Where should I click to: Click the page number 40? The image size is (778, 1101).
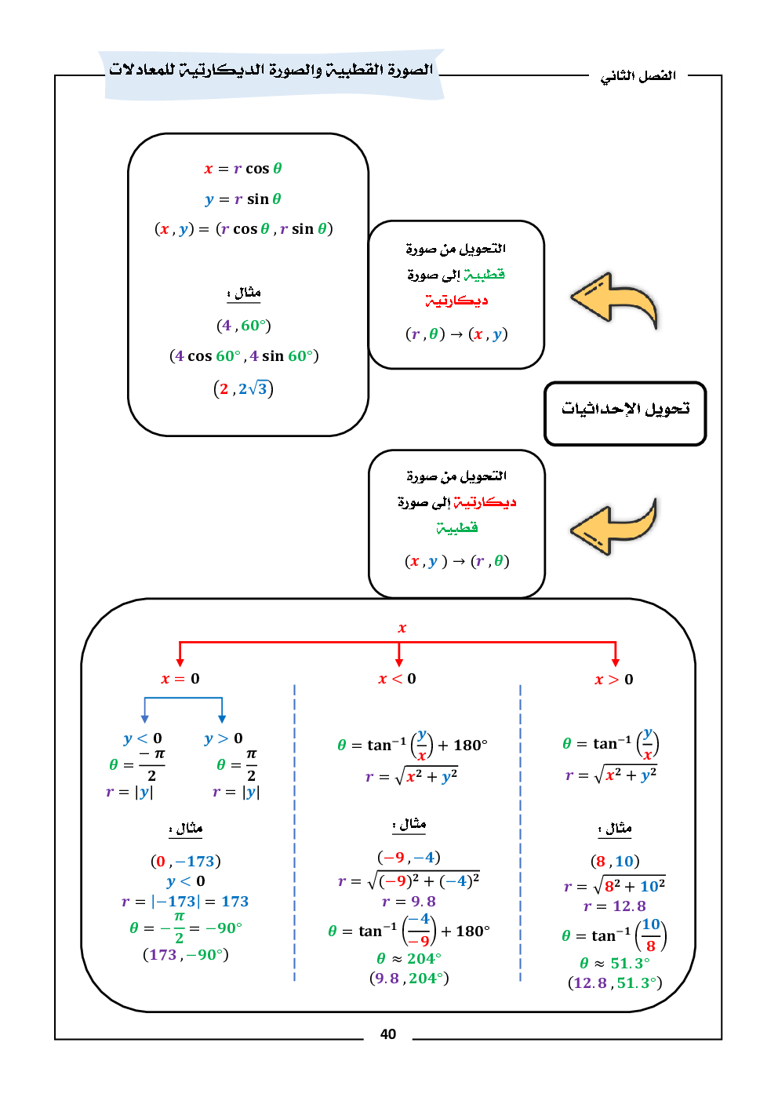pyautogui.click(x=388, y=1034)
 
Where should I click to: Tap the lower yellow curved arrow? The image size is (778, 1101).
pyautogui.click(x=614, y=527)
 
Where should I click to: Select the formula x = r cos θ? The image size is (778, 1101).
pyautogui.click(x=243, y=169)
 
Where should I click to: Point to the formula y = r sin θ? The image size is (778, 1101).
pyautogui.click(x=243, y=199)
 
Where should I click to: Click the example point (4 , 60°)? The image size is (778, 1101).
pyautogui.click(x=244, y=326)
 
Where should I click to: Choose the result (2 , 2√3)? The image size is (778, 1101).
pyautogui.click(x=243, y=389)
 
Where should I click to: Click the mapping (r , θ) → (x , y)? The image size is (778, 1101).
pyautogui.click(x=456, y=334)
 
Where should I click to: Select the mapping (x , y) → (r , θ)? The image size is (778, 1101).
pyautogui.click(x=456, y=561)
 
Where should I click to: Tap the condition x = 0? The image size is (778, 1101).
pyautogui.click(x=180, y=679)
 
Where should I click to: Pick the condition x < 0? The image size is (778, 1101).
pyautogui.click(x=397, y=679)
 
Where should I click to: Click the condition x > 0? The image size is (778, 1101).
pyautogui.click(x=613, y=680)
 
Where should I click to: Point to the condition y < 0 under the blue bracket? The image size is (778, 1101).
pyautogui.click(x=143, y=738)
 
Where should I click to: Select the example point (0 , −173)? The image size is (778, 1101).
pyautogui.click(x=186, y=862)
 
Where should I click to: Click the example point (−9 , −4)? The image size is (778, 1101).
pyautogui.click(x=409, y=857)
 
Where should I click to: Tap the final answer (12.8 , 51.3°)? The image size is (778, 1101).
pyautogui.click(x=615, y=983)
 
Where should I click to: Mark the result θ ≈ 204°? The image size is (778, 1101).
pyautogui.click(x=409, y=958)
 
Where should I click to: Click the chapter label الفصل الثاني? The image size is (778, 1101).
pyautogui.click(x=638, y=76)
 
